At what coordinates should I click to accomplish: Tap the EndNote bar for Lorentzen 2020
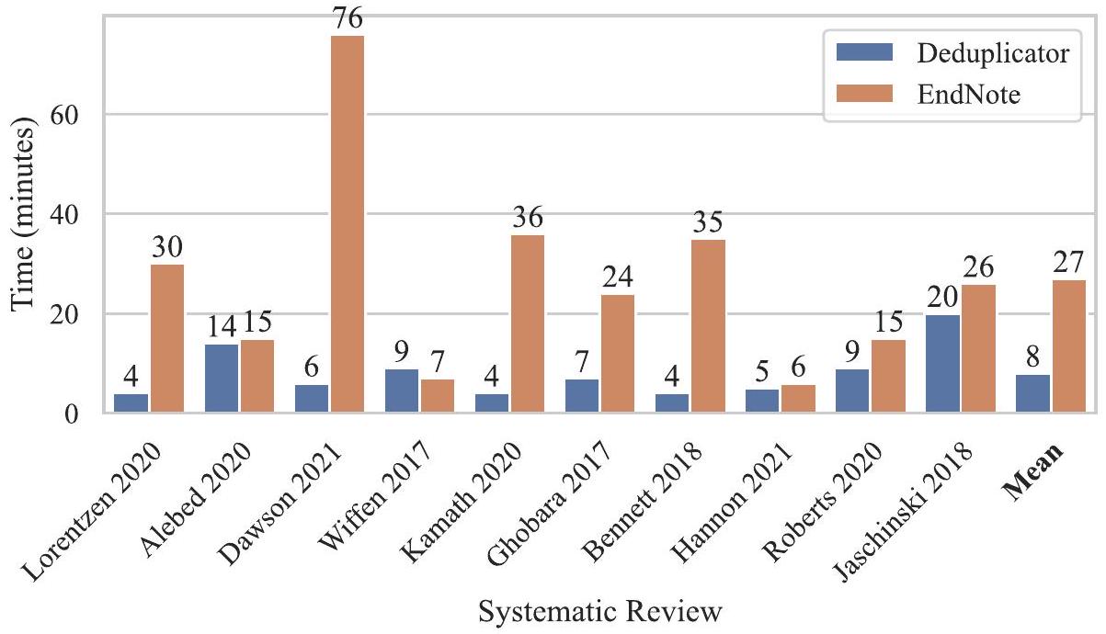167,339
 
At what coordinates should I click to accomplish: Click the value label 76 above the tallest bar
348,18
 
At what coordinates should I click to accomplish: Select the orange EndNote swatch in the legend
864,95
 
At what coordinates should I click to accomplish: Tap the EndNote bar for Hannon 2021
798,399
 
